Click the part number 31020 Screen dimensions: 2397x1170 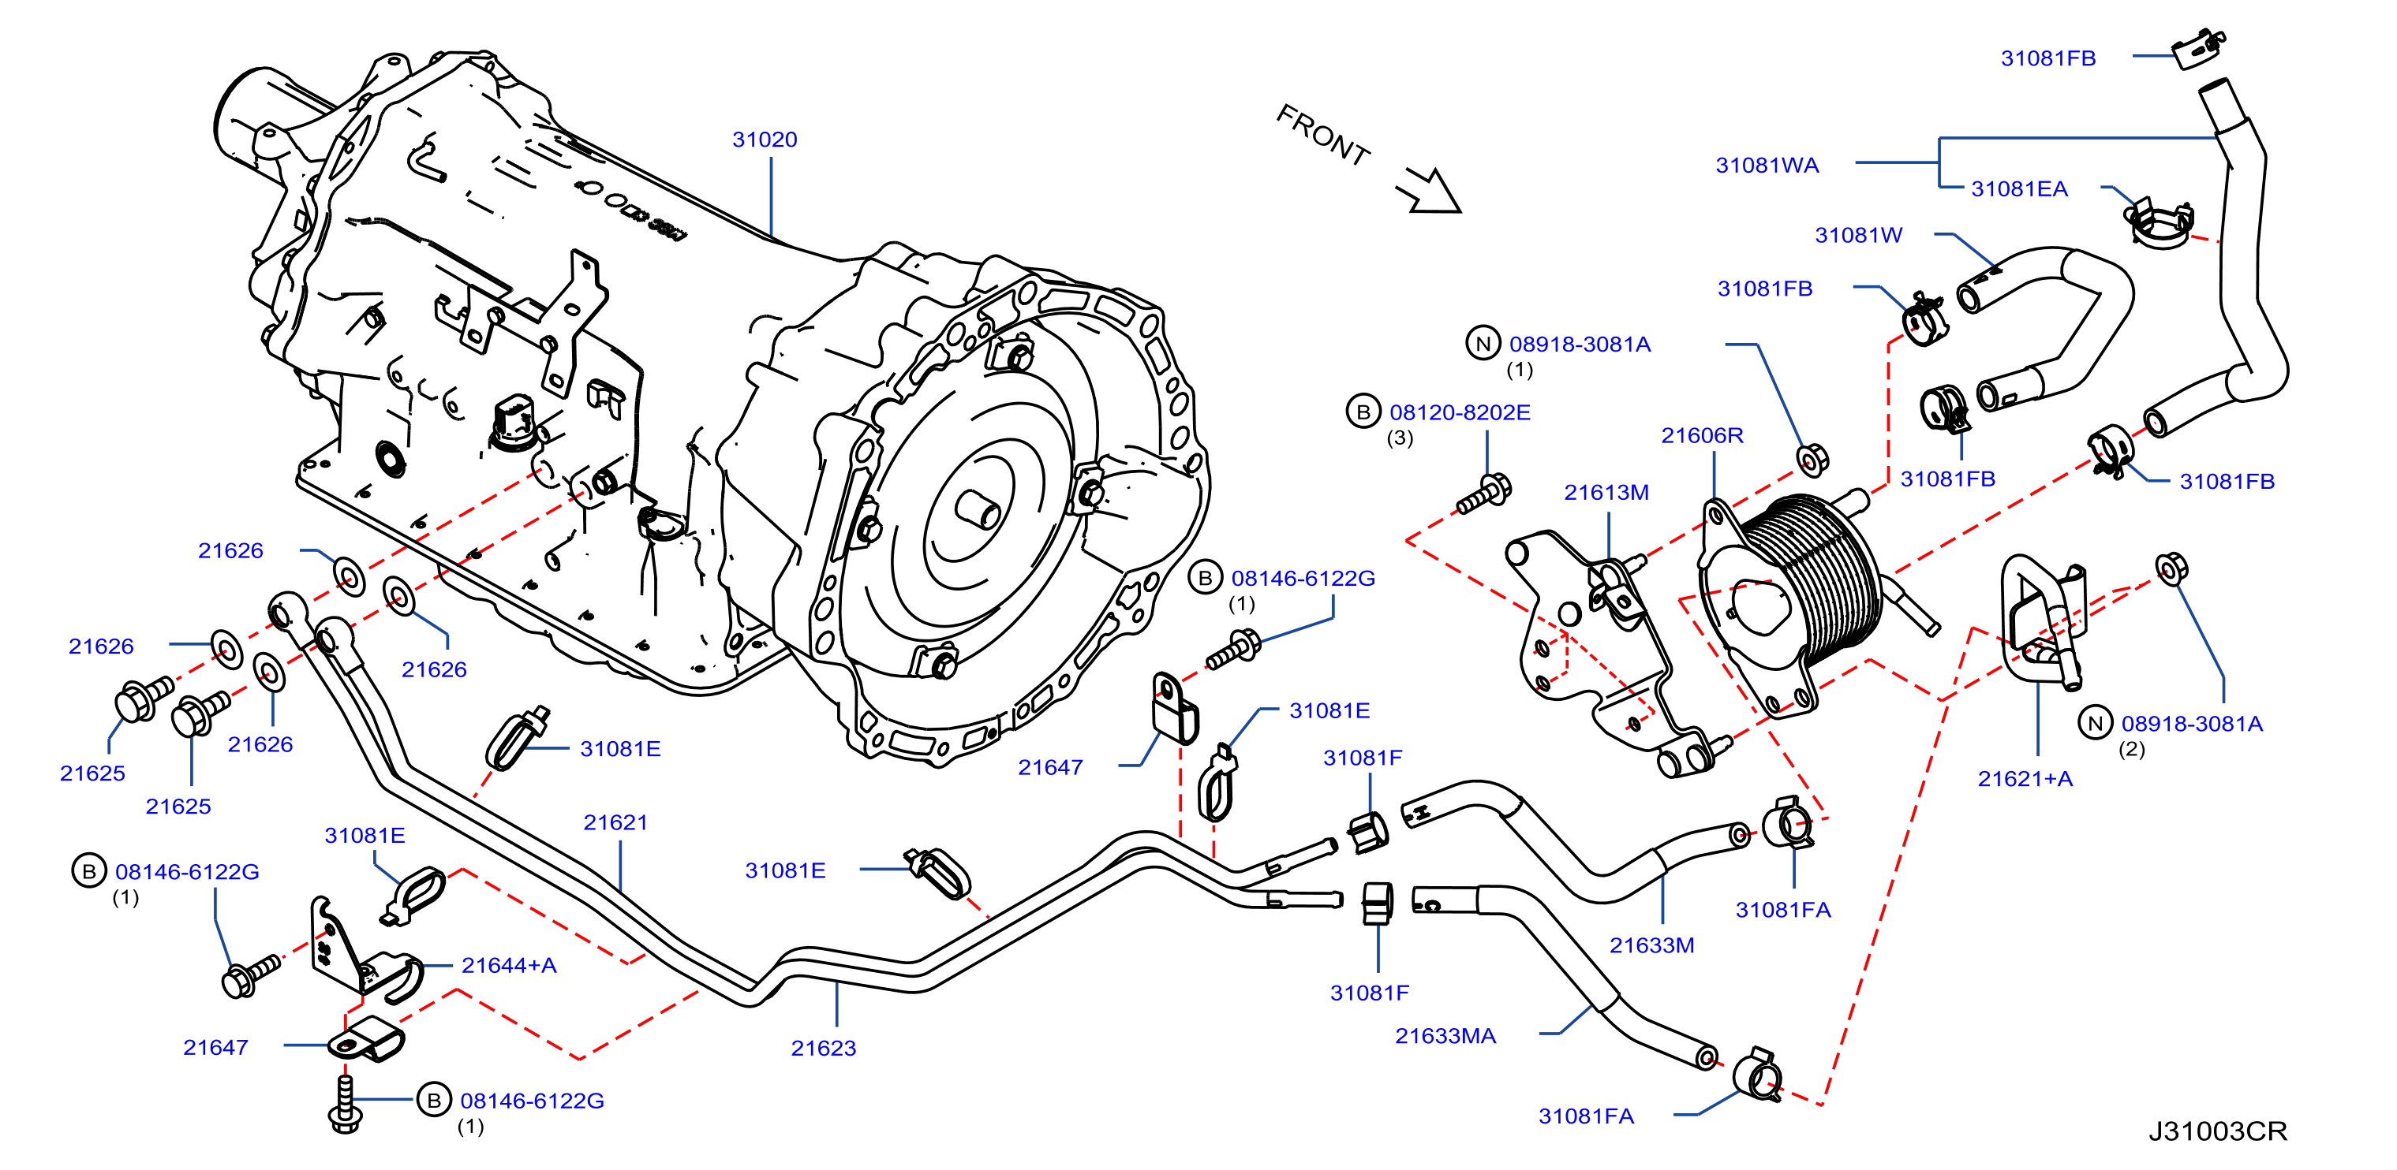(x=764, y=140)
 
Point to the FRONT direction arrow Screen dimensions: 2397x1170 (x=1428, y=191)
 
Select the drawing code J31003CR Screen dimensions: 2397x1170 (x=2217, y=1131)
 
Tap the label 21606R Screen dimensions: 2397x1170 (x=1702, y=435)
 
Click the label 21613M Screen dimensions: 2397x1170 (x=1606, y=492)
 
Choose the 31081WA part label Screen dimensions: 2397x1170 (x=1767, y=166)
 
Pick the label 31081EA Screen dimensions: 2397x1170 (x=2019, y=188)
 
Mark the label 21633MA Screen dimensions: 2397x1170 (x=1445, y=1036)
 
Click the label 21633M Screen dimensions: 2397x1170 (x=1651, y=945)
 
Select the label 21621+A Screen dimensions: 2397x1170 (x=2025, y=780)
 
